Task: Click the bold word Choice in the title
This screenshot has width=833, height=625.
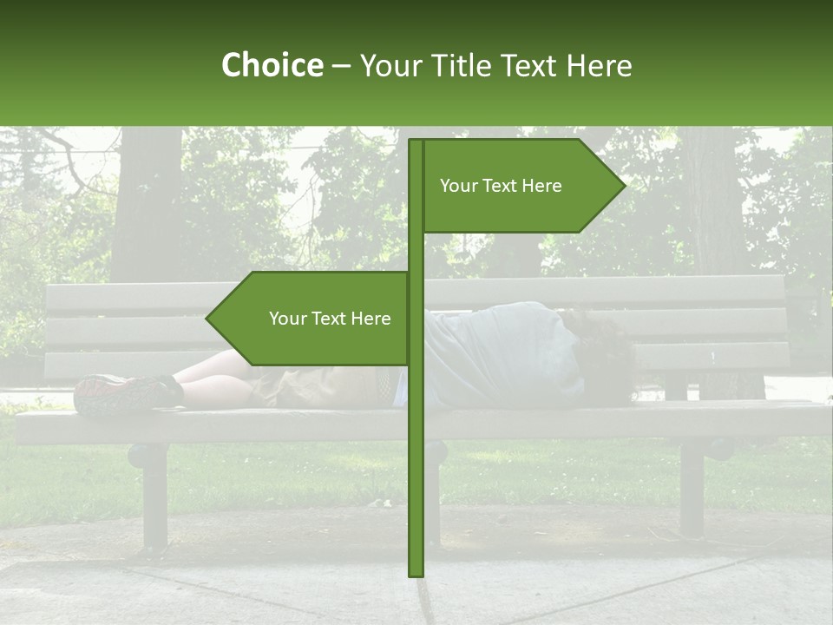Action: point(272,65)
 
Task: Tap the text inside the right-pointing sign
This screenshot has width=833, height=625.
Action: point(501,186)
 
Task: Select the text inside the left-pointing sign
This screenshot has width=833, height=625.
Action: point(330,319)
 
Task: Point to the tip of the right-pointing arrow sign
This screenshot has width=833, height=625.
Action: point(623,185)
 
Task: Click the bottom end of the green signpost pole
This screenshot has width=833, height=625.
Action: point(416,573)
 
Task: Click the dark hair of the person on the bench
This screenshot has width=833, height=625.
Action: point(603,352)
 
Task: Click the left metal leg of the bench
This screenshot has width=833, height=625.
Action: point(154,495)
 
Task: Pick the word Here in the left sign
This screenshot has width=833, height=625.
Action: point(371,319)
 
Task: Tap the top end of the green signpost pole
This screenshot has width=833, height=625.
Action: point(416,142)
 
